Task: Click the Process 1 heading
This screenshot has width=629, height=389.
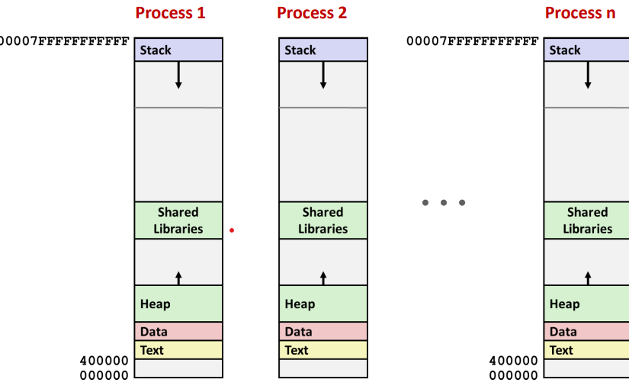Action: [x=170, y=13]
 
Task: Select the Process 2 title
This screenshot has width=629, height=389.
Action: [x=312, y=13]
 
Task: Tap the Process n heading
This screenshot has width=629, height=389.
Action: [x=580, y=13]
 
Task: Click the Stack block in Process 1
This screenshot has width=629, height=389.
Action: [x=178, y=50]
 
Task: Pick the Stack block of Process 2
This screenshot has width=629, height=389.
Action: [x=323, y=50]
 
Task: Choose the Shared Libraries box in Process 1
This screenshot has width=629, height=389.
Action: [x=178, y=220]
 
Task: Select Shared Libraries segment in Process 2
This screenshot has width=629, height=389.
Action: [x=323, y=220]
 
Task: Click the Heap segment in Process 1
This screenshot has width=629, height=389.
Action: [x=178, y=304]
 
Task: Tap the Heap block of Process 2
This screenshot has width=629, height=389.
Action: [x=323, y=304]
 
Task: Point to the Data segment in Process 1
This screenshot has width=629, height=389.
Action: [x=178, y=331]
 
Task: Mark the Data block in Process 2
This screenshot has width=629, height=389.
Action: [x=323, y=331]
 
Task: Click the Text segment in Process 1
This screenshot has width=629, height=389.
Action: [x=178, y=349]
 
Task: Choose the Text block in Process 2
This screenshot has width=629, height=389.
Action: [x=323, y=349]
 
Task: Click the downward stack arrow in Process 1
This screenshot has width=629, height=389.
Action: [x=178, y=75]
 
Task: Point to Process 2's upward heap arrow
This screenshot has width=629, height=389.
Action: [x=323, y=278]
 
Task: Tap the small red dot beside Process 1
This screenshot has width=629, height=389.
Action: [x=232, y=230]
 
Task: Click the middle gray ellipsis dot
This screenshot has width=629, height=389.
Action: [x=444, y=203]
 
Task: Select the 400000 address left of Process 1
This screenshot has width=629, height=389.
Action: [x=104, y=361]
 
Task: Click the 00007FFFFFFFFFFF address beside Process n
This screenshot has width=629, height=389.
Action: [x=473, y=41]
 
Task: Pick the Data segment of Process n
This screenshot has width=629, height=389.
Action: [x=586, y=331]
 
